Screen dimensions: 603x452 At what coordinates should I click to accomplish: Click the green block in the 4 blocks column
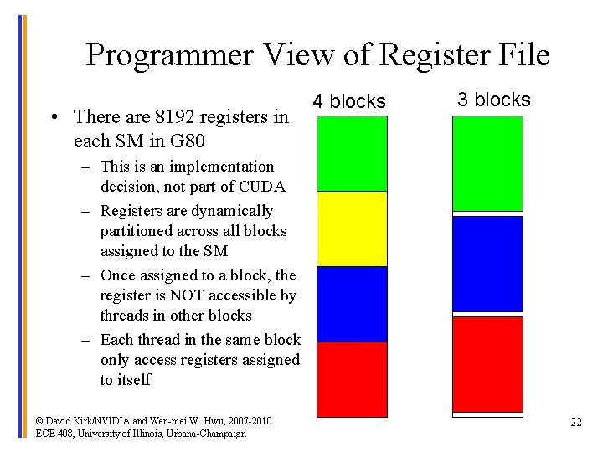(352, 153)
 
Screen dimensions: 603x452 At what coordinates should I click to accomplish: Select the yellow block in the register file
(352, 229)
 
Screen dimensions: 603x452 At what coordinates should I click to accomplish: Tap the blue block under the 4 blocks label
(352, 304)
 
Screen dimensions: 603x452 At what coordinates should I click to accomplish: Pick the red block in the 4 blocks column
(352, 378)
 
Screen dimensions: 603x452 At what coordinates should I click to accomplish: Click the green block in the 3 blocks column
(487, 163)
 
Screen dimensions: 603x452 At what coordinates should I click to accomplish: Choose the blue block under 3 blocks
(487, 264)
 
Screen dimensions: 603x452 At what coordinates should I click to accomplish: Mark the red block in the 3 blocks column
(487, 364)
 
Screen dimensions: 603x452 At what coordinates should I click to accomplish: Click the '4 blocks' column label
(349, 102)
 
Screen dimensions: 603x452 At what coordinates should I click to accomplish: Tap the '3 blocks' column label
(494, 100)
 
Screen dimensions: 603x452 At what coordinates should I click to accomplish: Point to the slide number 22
(575, 422)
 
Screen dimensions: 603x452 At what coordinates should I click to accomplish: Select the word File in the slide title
(520, 55)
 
